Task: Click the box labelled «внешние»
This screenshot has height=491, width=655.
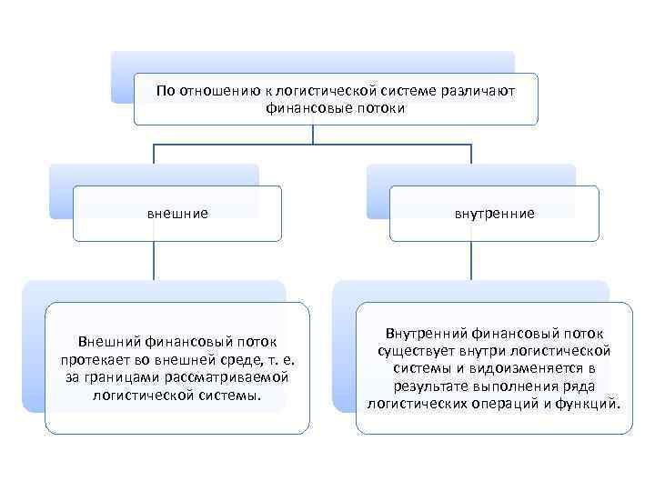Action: (x=177, y=214)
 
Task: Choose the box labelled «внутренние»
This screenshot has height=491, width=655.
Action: (x=494, y=214)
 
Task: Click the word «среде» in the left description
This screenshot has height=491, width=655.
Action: (x=235, y=359)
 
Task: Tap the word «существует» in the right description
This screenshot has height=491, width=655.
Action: (x=413, y=351)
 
